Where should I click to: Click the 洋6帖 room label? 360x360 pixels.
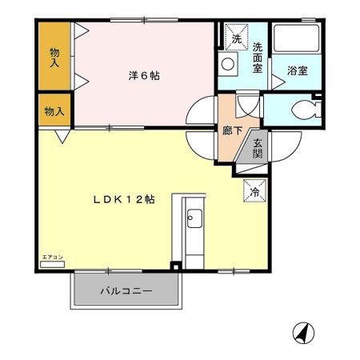coord(144,76)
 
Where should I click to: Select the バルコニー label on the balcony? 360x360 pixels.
coord(125,291)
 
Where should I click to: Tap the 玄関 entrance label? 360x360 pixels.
coord(258,149)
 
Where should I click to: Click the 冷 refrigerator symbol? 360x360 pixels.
coord(255,192)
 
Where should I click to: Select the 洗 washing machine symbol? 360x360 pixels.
coord(237,38)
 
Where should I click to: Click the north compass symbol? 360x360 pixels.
coord(303,331)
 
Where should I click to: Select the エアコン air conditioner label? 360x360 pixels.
coord(50,256)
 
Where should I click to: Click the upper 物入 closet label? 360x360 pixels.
coord(54,56)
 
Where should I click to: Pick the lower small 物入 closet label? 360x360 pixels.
coord(54,111)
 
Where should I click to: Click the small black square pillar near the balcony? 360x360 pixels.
coord(175,266)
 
